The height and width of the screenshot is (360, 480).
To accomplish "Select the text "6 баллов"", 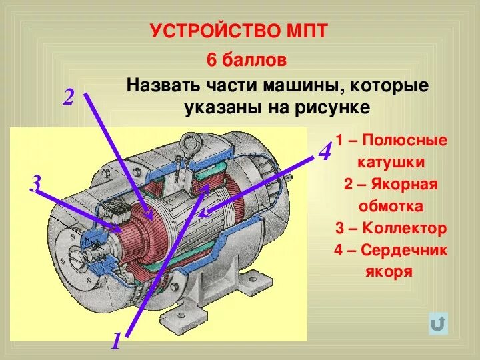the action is (247, 60).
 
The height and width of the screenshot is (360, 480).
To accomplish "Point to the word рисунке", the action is (334, 107).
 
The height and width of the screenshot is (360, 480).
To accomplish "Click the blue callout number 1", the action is (115, 343).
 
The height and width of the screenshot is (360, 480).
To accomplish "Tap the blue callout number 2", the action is (69, 97).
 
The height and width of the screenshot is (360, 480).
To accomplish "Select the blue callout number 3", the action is (35, 183).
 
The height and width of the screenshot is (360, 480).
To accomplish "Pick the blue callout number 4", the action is (325, 152).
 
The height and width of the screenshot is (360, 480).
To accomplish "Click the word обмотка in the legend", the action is (391, 205).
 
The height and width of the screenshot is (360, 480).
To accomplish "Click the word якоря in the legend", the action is (389, 271).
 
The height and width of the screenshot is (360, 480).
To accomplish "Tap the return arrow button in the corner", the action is (438, 324).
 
